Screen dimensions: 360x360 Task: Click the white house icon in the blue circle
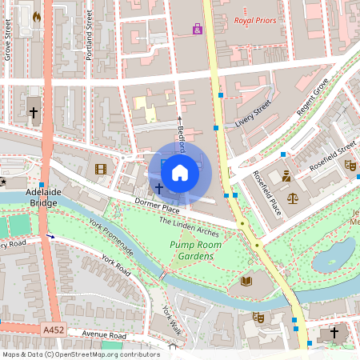180,172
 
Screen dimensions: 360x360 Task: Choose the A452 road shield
54,330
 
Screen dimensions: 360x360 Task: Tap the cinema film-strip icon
100,169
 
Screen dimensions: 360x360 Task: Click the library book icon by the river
246,281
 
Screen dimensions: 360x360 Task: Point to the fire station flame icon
36,16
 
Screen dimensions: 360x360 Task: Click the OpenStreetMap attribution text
81,354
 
